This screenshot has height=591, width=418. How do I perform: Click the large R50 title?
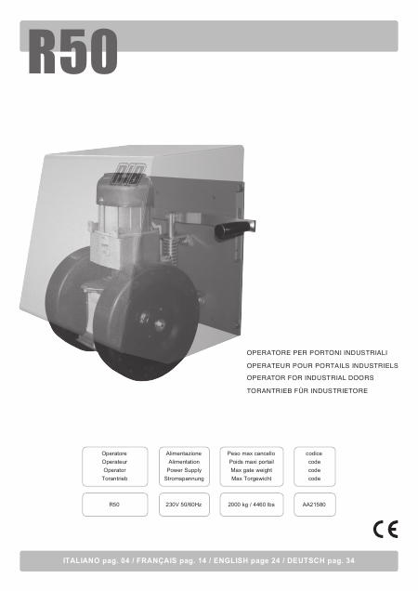(73, 51)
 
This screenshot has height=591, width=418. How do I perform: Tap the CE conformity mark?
(385, 529)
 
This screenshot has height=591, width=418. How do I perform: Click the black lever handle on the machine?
(233, 230)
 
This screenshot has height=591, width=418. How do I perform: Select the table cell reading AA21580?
(314, 505)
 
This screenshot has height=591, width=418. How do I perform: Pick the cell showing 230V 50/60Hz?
(184, 505)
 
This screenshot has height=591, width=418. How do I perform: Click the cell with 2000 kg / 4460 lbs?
(252, 505)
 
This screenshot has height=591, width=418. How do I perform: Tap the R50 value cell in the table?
(114, 505)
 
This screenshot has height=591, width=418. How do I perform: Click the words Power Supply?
(184, 470)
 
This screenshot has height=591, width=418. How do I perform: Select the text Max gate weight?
(252, 470)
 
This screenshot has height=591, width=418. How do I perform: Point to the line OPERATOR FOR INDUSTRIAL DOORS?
(310, 377)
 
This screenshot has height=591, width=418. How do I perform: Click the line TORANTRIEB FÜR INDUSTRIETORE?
(307, 391)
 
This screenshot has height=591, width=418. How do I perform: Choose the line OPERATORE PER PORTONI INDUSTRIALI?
(317, 353)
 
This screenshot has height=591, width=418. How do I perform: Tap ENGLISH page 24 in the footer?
(247, 560)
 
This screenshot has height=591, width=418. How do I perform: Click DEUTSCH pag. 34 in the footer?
(320, 560)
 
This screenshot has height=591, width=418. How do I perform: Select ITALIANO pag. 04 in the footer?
(96, 560)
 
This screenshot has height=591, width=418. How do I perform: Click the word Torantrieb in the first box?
(114, 479)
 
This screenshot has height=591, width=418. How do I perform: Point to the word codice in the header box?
(314, 453)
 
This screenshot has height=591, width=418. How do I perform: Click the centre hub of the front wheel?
(160, 323)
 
